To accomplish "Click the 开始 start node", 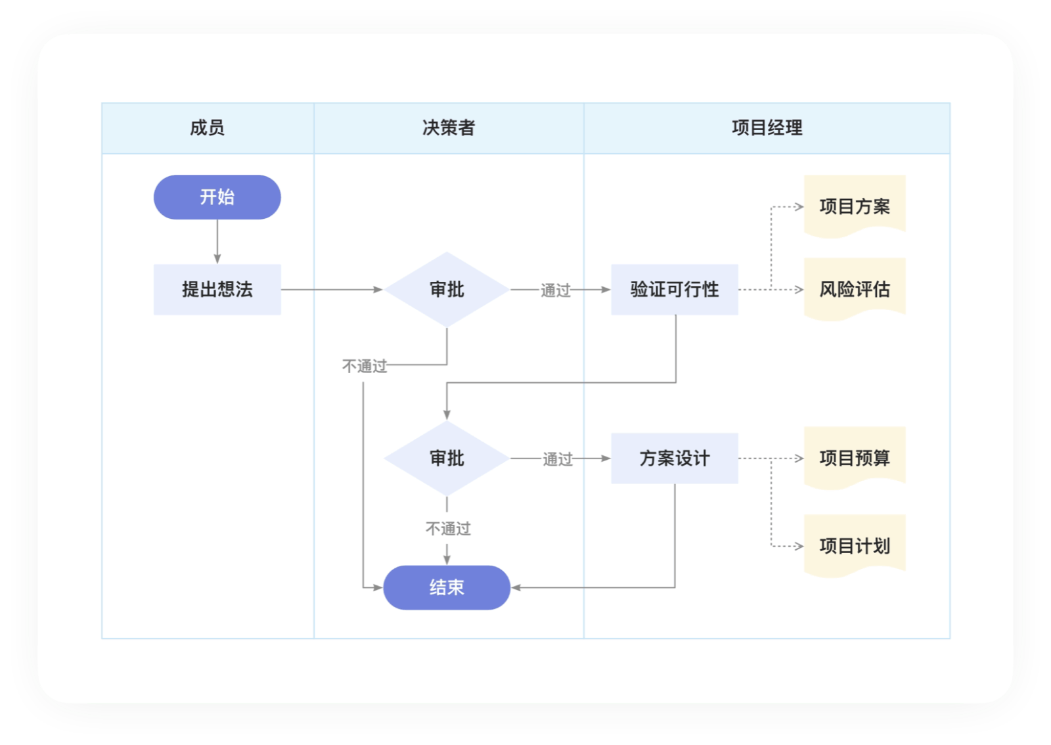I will [217, 197].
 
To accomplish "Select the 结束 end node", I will [447, 587].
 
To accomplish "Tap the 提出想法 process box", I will [217, 290].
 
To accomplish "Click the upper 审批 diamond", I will [447, 290].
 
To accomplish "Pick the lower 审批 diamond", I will [447, 458].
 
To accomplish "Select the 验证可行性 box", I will [675, 290].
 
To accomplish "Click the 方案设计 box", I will [675, 458].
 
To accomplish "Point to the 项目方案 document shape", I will [855, 206].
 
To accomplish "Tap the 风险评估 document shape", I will [855, 289].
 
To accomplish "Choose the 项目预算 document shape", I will [855, 458].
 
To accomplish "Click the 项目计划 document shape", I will [855, 546].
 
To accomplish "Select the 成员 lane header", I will [208, 128].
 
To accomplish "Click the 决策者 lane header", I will [449, 128].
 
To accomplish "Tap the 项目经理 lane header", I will [767, 128].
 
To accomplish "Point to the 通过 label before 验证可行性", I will [556, 290].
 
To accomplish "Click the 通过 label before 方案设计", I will [558, 459].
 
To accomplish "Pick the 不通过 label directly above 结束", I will [448, 529].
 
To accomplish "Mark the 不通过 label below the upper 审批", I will [365, 366].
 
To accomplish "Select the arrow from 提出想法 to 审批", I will [332, 290].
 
